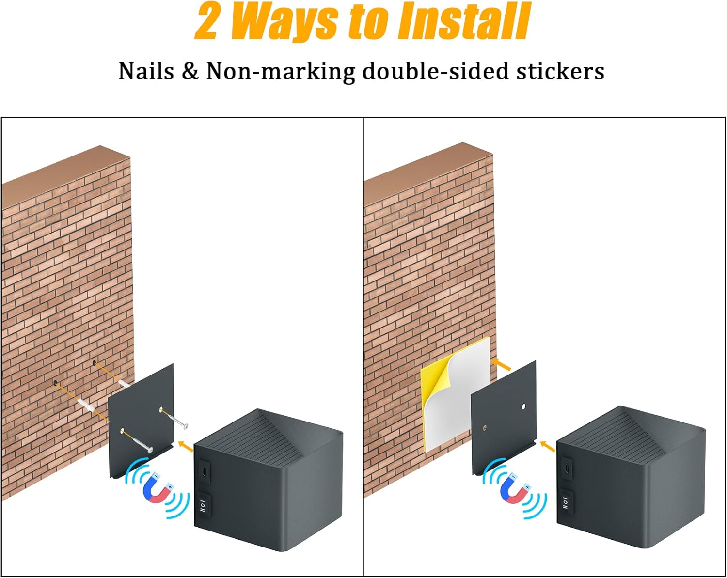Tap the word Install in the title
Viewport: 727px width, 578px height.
pos(464,21)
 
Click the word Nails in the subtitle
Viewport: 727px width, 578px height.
pos(146,71)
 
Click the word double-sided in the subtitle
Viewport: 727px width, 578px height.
pos(435,71)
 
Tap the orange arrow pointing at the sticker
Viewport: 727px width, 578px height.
pos(501,364)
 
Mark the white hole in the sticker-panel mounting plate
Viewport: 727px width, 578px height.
pos(523,406)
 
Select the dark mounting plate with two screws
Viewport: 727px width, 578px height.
pos(141,421)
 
